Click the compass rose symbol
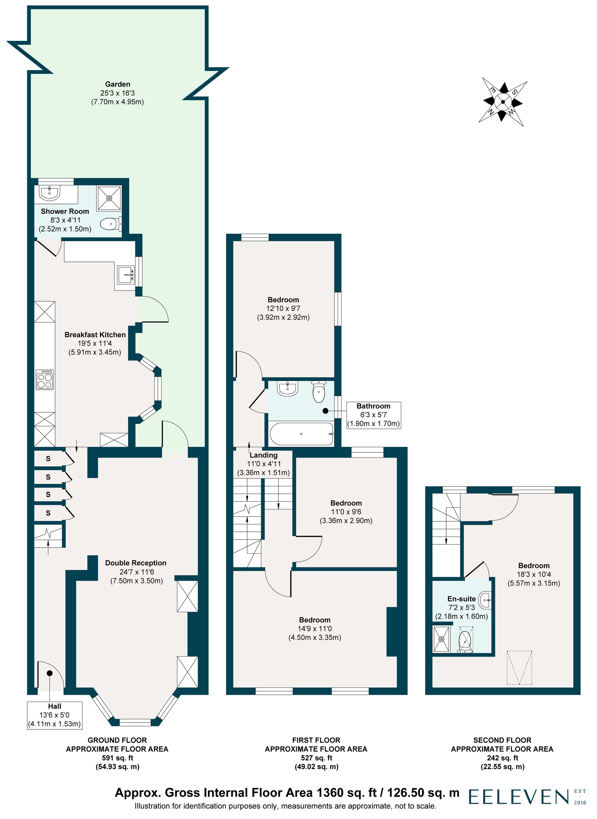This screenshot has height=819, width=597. pos(503,102)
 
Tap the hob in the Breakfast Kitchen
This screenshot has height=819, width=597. pos(44,379)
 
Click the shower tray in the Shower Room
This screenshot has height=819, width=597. pos(109,198)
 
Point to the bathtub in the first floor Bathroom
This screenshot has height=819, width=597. pos(301,434)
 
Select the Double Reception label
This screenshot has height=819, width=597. pos(136,563)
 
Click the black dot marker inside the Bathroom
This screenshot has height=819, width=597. pos(325,411)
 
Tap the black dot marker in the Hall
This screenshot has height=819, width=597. pos(49,673)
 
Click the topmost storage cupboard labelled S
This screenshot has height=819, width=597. pos(48,459)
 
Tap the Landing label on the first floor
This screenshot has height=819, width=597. pos(264,455)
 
